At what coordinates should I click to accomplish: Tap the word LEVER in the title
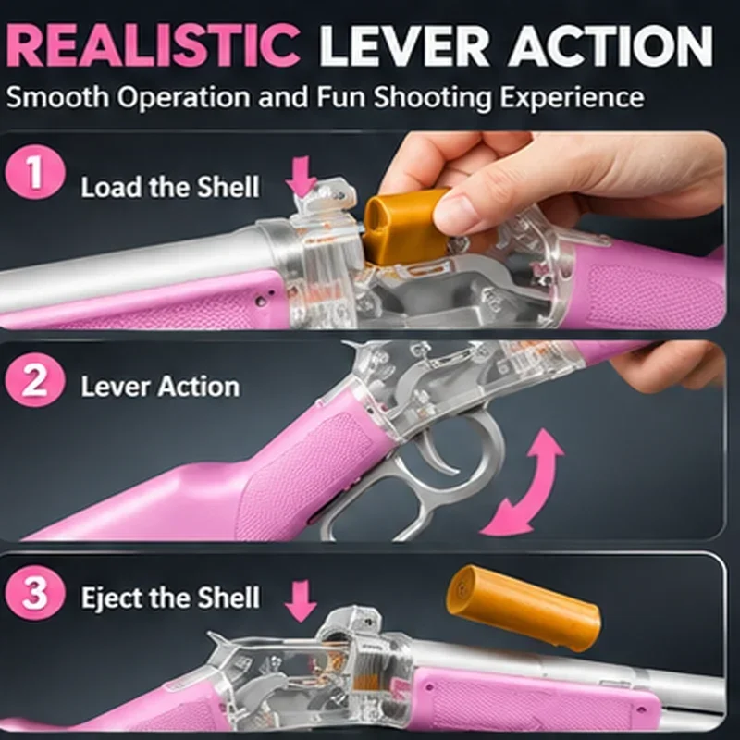pyautogui.click(x=404, y=45)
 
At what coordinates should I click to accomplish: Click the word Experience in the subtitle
pyautogui.click(x=572, y=98)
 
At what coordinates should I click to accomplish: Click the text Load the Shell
pyautogui.click(x=170, y=188)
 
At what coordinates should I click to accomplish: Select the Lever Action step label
pyautogui.click(x=160, y=387)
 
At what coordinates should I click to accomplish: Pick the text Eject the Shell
pyautogui.click(x=170, y=598)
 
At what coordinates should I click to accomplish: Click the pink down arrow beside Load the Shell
pyautogui.click(x=302, y=177)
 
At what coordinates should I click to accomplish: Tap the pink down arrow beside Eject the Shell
pyautogui.click(x=301, y=599)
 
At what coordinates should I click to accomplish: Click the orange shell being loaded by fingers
pyautogui.click(x=403, y=226)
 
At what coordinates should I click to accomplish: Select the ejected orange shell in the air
pyautogui.click(x=524, y=608)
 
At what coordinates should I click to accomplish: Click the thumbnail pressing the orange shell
pyautogui.click(x=451, y=214)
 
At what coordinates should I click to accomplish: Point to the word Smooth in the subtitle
pyautogui.click(x=57, y=97)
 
